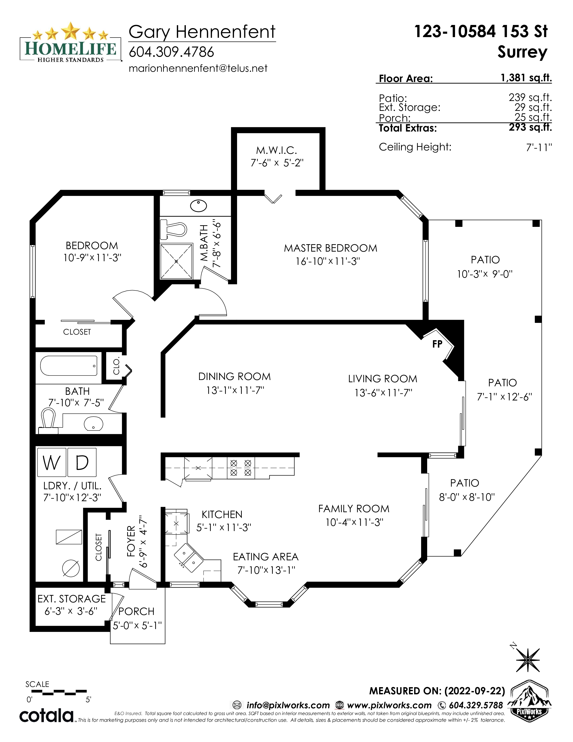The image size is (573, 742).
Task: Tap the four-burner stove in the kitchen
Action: point(241,468)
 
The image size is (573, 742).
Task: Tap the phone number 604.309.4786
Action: point(171,52)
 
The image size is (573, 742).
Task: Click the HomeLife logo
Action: point(71,42)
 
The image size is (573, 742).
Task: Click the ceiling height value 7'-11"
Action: point(539,148)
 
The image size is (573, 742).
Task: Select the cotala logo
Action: point(47,715)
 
